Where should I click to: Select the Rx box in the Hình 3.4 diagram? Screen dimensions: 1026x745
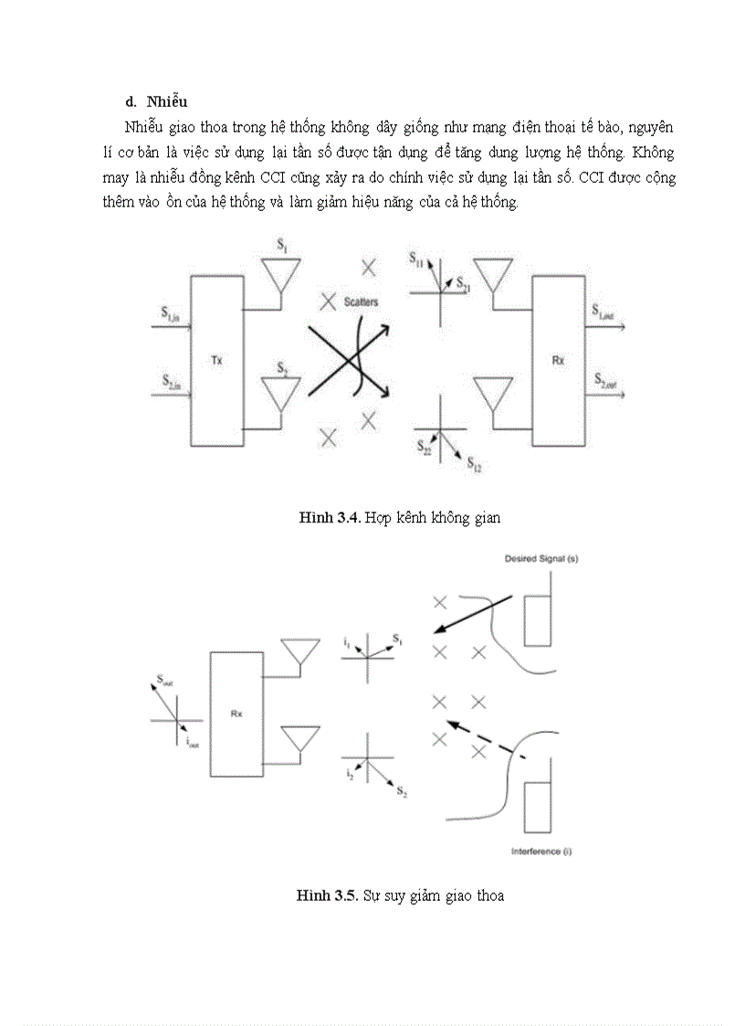[558, 360]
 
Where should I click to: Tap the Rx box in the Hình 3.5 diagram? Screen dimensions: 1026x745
[236, 714]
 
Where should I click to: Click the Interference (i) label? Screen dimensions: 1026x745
[541, 851]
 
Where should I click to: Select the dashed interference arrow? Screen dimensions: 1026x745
[488, 742]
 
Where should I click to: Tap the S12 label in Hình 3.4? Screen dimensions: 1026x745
[474, 465]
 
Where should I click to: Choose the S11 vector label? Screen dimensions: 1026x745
[416, 261]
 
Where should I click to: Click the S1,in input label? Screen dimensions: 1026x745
[171, 315]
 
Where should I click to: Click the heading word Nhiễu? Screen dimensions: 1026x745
[167, 100]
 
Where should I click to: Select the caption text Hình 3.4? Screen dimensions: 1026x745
[330, 518]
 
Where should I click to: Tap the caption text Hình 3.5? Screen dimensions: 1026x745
[326, 895]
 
